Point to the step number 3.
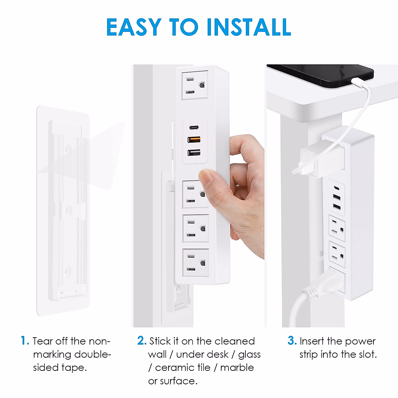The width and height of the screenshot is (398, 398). click(292, 341)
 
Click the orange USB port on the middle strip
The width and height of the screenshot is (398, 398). click(194, 139)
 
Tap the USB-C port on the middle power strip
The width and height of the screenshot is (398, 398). click(194, 127)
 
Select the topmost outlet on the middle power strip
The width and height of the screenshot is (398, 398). click(195, 85)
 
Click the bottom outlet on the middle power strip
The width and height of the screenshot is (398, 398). click(196, 263)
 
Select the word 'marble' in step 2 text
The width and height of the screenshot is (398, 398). click(237, 367)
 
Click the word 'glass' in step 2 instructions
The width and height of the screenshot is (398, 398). click(249, 354)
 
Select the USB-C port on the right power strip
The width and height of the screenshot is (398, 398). click(337, 188)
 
